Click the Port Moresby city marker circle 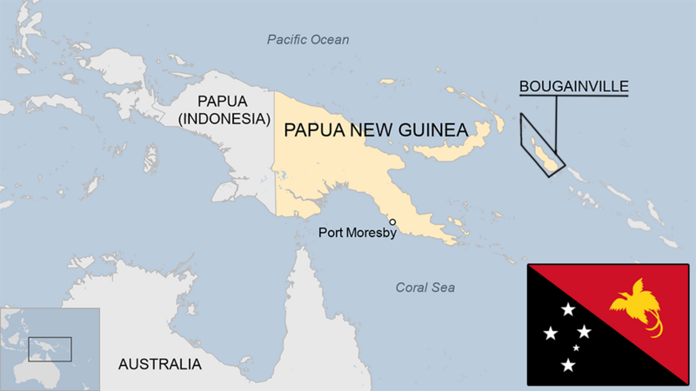click(x=392, y=222)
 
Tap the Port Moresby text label click(x=358, y=232)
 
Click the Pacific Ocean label click(x=308, y=39)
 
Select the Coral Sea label click(x=425, y=288)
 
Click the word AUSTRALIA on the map click(x=160, y=363)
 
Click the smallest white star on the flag click(x=576, y=348)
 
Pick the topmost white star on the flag click(x=568, y=309)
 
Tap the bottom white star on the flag click(x=569, y=365)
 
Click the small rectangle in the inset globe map click(x=49, y=348)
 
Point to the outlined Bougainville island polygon click(x=540, y=145)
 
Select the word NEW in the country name click(x=362, y=130)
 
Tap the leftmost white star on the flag click(x=551, y=333)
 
